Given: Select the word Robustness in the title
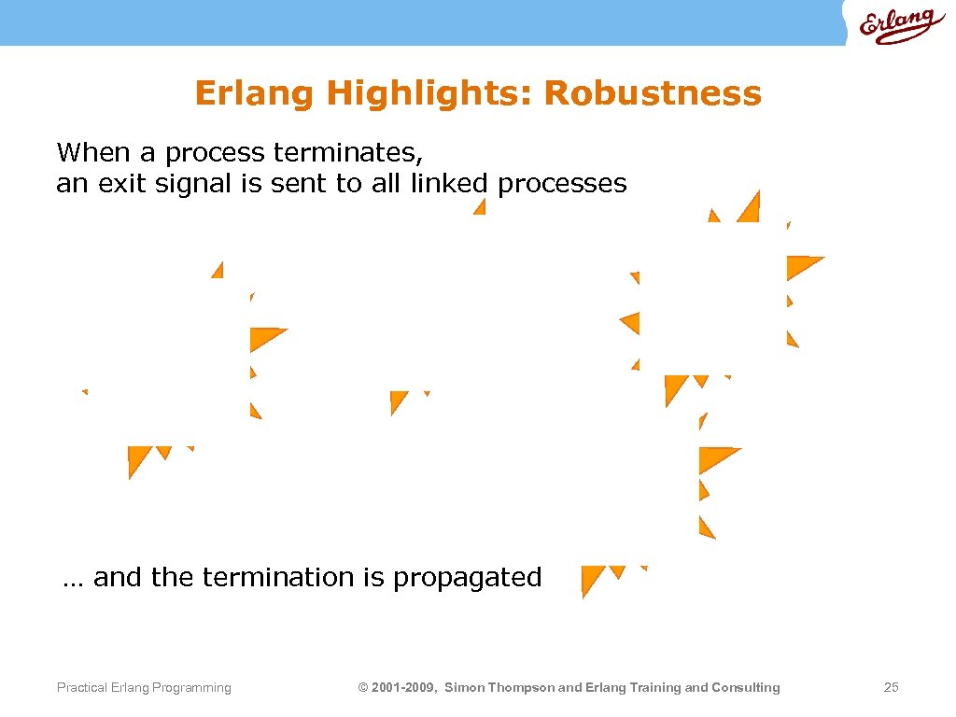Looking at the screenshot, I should coord(653,93).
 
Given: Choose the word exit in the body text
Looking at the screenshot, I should coord(124,184).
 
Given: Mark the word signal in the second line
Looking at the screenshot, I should coord(196,184).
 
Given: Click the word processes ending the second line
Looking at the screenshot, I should coord(562,184).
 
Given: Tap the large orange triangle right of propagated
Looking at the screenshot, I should coord(591,579).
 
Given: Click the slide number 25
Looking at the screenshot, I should coord(891,688).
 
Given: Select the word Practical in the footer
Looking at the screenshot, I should coord(80,688).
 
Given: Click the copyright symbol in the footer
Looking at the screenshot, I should coord(363,688).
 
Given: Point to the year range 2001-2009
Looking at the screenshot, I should coord(403,688).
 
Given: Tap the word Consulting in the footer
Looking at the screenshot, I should coord(746,688).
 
